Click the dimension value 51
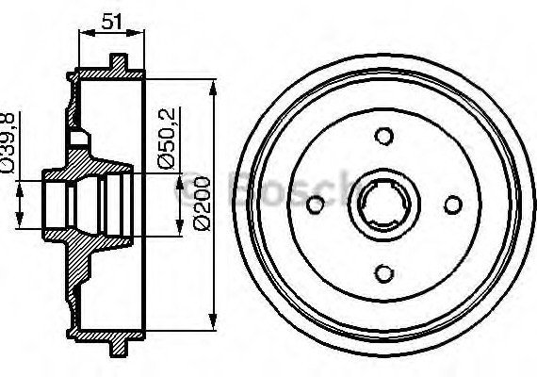coord(112,21)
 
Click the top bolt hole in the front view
coord(382,136)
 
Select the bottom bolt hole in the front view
coord(382,272)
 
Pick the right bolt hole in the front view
coord(451,205)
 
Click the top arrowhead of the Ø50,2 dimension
coord(176,179)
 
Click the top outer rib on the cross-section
coord(117,64)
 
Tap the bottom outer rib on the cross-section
coord(117,346)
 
